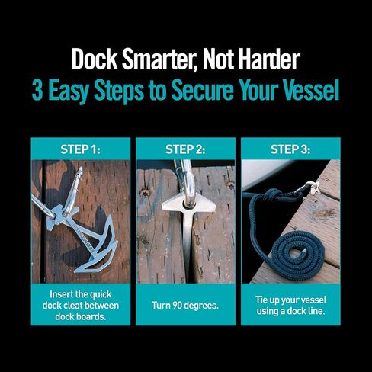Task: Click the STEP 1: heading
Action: [x=80, y=149]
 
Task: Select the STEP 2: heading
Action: [x=185, y=149]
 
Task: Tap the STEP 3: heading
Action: [x=290, y=149]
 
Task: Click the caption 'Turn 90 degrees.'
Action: [x=185, y=305]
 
